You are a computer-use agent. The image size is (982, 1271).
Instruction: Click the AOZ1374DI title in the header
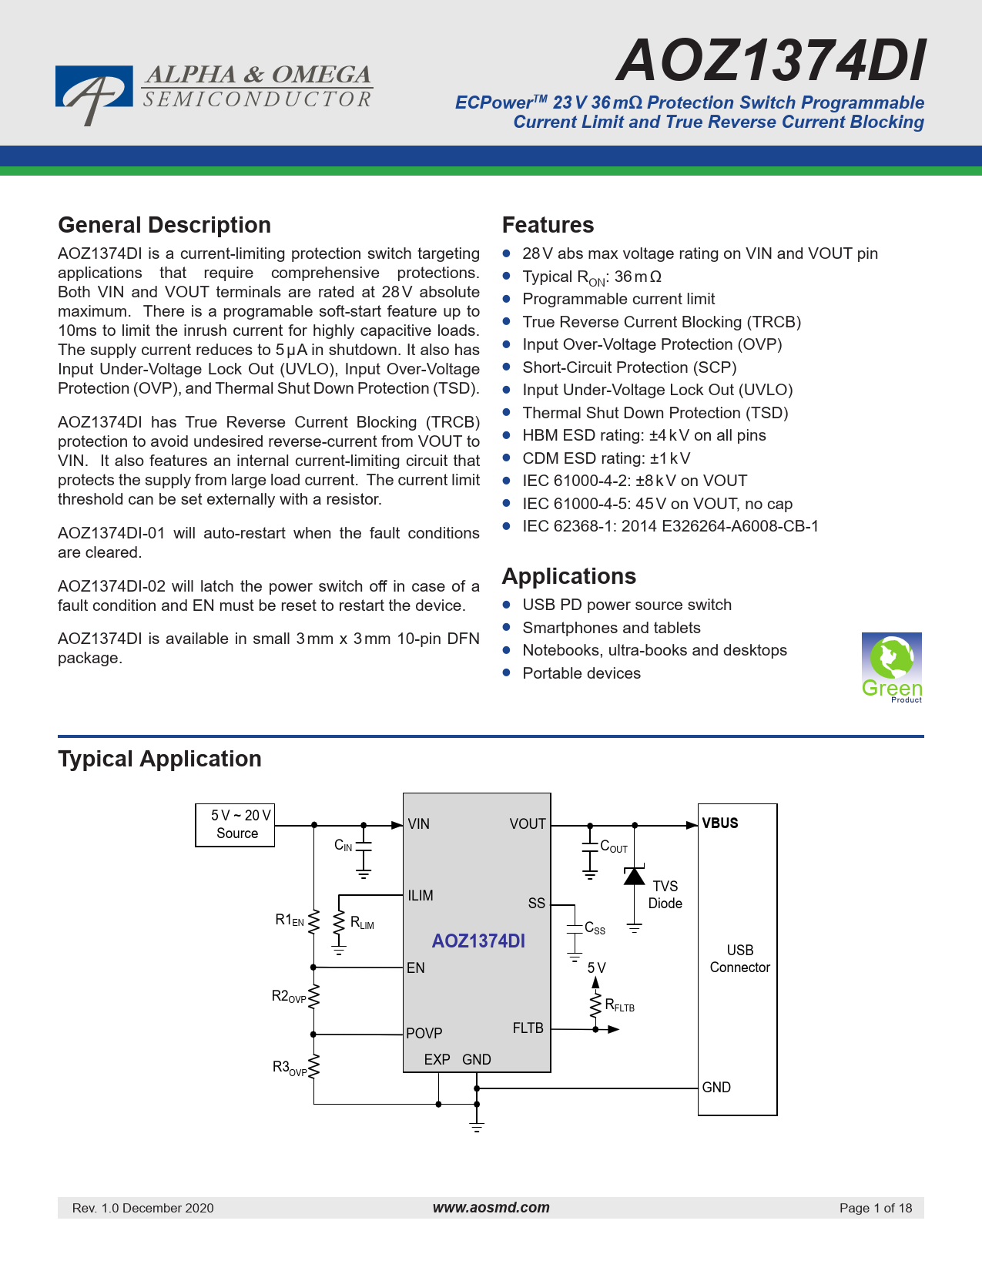click(771, 60)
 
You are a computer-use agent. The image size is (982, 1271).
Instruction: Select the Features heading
click(548, 225)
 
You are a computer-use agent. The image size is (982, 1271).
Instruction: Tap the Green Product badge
click(891, 667)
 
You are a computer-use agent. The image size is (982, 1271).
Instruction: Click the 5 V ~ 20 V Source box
click(235, 825)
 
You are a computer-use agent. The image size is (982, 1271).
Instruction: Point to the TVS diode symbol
click(634, 875)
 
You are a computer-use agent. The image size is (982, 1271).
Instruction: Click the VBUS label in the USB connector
click(719, 823)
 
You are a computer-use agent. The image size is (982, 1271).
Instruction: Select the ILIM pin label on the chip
click(420, 895)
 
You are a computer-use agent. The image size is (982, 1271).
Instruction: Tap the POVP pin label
click(424, 1033)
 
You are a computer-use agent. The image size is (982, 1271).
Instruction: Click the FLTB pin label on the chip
click(528, 1028)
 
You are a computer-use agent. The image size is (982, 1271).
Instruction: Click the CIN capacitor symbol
click(364, 847)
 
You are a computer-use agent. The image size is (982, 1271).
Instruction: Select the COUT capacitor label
click(614, 847)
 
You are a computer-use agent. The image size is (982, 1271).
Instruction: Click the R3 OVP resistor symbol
click(314, 1065)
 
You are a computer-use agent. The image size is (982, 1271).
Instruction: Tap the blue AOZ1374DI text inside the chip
click(478, 941)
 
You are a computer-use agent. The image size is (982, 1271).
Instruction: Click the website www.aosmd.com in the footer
click(491, 1206)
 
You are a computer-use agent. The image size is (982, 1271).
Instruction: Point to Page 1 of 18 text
click(876, 1207)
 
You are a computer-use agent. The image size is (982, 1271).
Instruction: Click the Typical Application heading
click(159, 759)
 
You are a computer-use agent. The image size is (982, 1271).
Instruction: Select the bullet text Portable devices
click(581, 672)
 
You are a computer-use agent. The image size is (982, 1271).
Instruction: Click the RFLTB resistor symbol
click(595, 1005)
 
